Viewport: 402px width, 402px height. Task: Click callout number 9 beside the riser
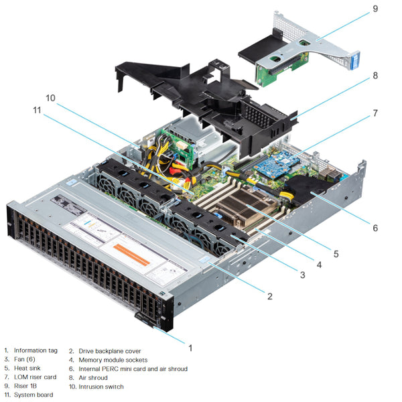[x=375, y=9]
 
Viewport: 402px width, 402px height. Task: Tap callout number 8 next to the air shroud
[x=375, y=77]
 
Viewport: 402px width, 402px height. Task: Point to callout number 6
[x=375, y=228]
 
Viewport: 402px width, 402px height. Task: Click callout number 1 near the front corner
[x=190, y=348]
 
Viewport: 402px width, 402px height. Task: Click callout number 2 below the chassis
[x=269, y=296]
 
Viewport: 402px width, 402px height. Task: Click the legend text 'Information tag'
[x=36, y=350]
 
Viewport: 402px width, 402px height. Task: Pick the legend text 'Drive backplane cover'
[x=110, y=350]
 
